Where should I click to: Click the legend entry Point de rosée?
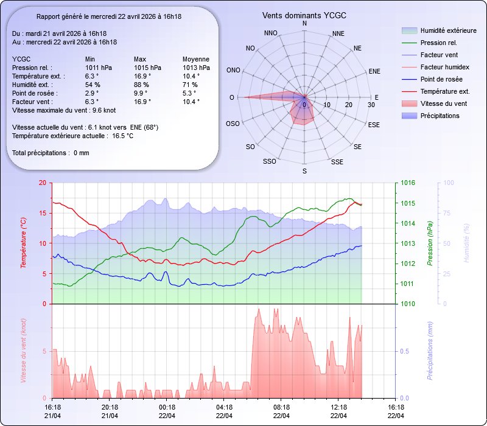pos(440,79)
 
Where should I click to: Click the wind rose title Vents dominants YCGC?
pos(304,15)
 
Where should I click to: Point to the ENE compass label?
pos(374,71)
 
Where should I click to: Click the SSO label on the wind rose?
pos(269,162)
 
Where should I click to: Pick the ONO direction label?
pos(233,71)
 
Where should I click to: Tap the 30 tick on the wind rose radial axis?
pos(371,105)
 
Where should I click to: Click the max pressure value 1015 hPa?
pos(148,68)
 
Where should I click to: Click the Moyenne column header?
pos(196,59)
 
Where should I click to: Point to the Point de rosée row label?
pos(32,93)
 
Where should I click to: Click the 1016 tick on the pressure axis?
pos(408,183)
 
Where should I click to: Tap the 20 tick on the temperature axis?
pos(41,183)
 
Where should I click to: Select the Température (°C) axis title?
pos(24,243)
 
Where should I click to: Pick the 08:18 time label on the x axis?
pos(281,407)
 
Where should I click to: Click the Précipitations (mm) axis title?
pos(430,351)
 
